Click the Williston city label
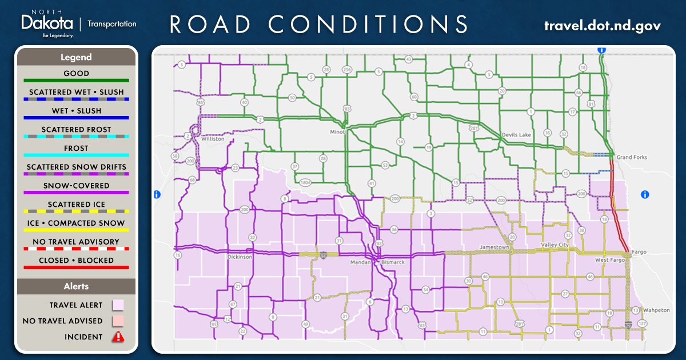(213, 139)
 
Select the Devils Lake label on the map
(516, 135)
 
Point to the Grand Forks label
(631, 157)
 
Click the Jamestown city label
(493, 247)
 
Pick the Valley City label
(555, 245)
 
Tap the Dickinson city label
(239, 257)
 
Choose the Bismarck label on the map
(393, 262)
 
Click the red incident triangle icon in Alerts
(118, 337)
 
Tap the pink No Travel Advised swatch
(118, 321)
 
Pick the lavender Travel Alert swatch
(118, 305)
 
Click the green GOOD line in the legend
(76, 81)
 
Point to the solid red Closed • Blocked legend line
(76, 267)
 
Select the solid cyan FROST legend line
(76, 155)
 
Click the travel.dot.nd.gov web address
(602, 25)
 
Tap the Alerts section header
(76, 286)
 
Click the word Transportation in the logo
(111, 24)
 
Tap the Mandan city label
(361, 262)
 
